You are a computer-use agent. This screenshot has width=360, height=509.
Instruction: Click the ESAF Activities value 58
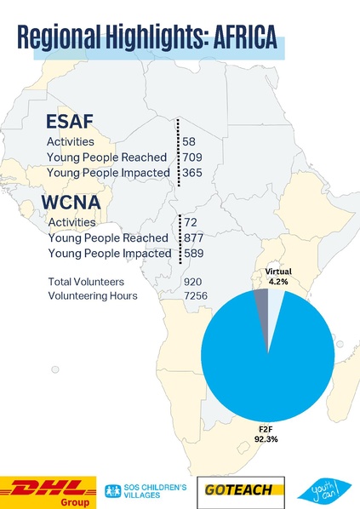coord(190,141)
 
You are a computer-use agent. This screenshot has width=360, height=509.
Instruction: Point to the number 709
coord(192,157)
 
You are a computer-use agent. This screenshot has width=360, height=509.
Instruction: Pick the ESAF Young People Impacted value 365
coord(192,173)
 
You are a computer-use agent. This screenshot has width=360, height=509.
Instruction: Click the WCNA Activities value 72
coord(191,222)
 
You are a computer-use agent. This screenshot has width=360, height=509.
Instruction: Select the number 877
coord(193,237)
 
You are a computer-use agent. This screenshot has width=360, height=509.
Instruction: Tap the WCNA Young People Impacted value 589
coord(193,253)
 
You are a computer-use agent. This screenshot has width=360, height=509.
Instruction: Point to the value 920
coord(192,280)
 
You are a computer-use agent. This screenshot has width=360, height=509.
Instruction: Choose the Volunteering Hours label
coord(94,295)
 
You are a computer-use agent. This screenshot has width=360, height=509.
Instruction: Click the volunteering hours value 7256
coord(196,295)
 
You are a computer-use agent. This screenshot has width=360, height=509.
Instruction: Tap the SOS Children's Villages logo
coord(145,491)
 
